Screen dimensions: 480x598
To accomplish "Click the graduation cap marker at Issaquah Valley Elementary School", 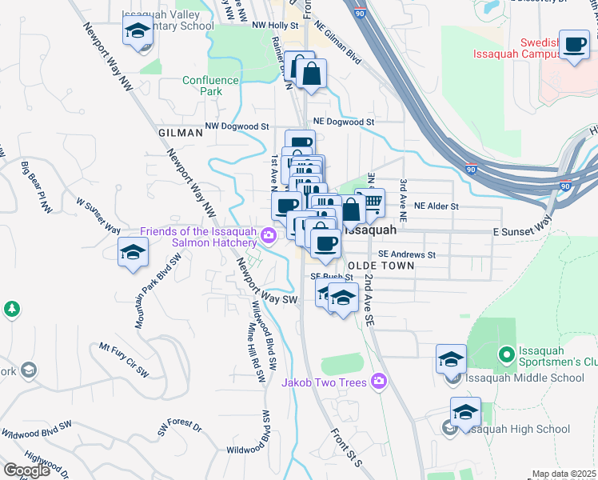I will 138,32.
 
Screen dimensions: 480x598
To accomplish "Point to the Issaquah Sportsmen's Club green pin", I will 505,354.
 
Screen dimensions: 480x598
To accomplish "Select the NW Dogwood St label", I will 237,126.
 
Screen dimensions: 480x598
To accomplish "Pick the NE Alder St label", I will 431,206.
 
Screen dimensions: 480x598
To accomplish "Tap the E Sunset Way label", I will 519,230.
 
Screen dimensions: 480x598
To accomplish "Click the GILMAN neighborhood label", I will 181,134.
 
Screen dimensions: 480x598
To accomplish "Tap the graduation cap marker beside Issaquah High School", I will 465,413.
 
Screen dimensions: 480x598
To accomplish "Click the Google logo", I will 26,470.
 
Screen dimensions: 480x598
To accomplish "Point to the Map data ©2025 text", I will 564,474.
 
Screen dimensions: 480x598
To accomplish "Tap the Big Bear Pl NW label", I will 36,189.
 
